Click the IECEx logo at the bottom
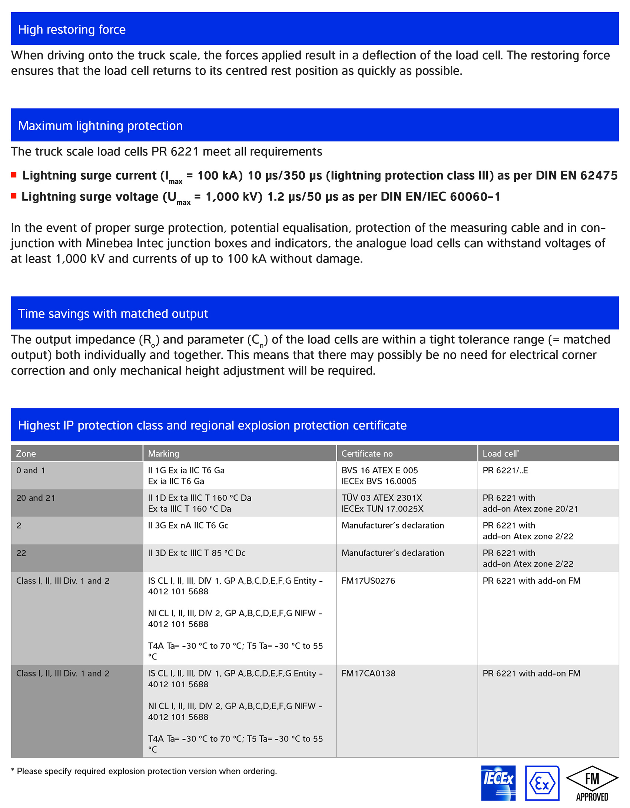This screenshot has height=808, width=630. [x=498, y=783]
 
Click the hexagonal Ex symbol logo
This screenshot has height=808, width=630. [x=542, y=783]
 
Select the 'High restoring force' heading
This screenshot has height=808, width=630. [x=72, y=29]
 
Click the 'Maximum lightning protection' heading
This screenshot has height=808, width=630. [x=100, y=126]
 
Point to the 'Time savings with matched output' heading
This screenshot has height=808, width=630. [x=113, y=314]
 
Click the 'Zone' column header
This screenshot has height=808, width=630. [x=26, y=454]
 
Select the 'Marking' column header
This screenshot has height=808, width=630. [x=163, y=454]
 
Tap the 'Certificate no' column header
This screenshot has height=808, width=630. [x=367, y=454]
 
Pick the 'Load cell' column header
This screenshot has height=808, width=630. [x=500, y=454]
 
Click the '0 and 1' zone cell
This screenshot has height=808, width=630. [x=30, y=470]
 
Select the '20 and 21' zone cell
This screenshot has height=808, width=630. [x=36, y=498]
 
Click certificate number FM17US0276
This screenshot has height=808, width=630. [x=368, y=581]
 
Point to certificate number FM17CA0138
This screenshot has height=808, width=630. [x=368, y=673]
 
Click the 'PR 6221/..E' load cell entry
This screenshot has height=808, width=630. [x=505, y=470]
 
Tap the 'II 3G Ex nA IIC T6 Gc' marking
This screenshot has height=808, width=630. [x=188, y=525]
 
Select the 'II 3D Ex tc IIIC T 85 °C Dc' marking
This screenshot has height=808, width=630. [x=197, y=553]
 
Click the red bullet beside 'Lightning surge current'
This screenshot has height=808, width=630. [x=14, y=175]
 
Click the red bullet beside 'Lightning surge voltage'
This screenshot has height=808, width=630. [x=14, y=196]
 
